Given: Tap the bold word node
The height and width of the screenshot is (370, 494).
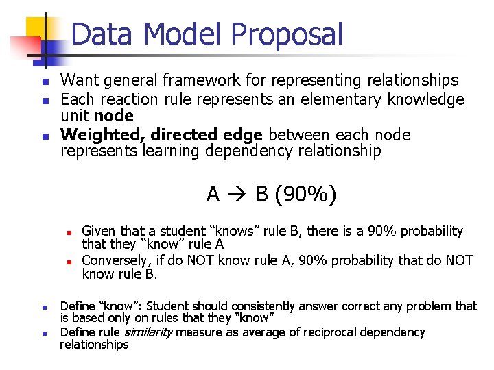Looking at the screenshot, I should click(x=115, y=116).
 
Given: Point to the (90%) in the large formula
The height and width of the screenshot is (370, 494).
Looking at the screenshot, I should click(x=305, y=195).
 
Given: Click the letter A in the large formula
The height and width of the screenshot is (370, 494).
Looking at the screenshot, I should click(x=213, y=195).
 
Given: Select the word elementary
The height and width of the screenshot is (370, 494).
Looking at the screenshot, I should click(x=348, y=99).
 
